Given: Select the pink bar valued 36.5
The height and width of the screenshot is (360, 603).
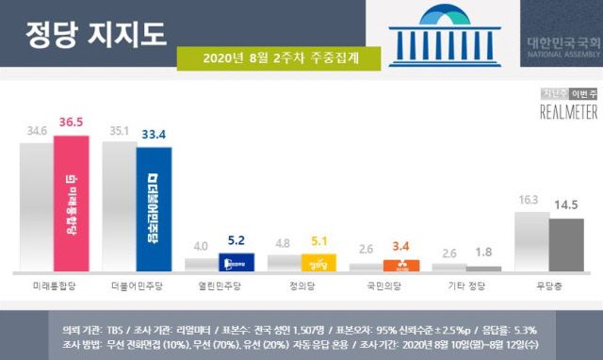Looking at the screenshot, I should point(72,204).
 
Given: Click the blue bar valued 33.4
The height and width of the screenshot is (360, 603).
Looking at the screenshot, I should point(154,207).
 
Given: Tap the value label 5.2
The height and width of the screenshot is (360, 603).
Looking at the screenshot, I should point(237,241).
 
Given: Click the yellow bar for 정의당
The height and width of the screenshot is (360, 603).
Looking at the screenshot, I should point(318,263).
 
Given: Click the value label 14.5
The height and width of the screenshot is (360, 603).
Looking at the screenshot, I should point(566,205).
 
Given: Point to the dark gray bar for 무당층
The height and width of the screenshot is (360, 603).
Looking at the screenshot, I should point(566,245).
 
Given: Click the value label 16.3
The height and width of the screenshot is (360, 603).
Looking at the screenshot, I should point(530,200).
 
